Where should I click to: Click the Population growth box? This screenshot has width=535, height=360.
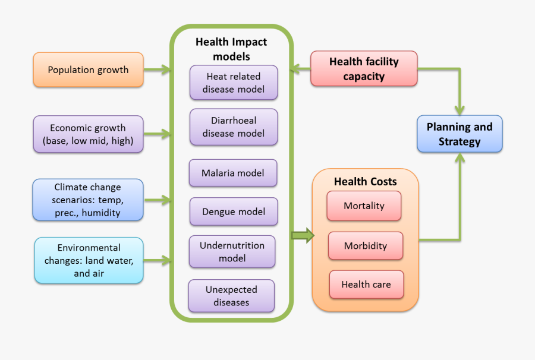coord(88,70)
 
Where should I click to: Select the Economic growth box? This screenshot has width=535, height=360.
coord(88,134)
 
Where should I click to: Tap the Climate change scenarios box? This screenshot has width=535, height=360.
coord(88,200)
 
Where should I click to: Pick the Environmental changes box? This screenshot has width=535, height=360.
coord(88,260)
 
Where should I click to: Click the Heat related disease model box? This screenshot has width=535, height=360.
coord(233,83)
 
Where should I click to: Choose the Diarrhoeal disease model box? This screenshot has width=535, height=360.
coord(233,127)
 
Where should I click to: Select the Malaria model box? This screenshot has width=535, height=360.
coord(233,173)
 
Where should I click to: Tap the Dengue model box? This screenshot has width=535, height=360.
coord(233,211)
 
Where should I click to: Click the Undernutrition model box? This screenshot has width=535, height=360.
coord(232,251)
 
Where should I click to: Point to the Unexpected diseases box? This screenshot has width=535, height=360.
coord(231,296)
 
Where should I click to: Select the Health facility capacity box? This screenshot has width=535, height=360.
coord(364,69)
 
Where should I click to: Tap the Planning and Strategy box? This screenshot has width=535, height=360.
coord(460,134)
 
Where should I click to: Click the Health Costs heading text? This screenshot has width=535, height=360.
coord(365,182)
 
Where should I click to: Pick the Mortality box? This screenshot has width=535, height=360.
coord(364,206)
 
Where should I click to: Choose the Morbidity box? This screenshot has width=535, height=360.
coord(365,246)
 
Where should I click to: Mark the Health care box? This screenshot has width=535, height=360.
coord(366,285)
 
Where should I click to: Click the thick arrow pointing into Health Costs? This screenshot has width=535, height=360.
coord(303,235)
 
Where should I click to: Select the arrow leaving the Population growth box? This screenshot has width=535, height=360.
coord(158,70)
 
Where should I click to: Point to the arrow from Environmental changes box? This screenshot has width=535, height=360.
coord(158,260)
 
